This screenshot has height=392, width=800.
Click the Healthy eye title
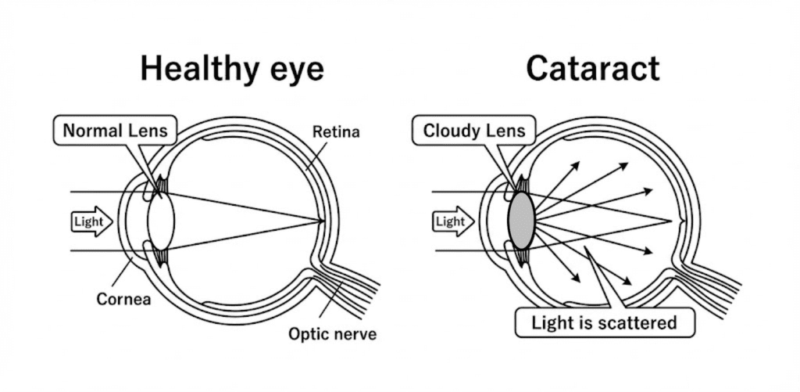(232, 69)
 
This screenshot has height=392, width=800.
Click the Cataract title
(592, 69)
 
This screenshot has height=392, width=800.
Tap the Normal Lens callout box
(115, 131)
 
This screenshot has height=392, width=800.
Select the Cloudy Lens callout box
(474, 131)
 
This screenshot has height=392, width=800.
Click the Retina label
(336, 131)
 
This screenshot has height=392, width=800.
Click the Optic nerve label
(333, 335)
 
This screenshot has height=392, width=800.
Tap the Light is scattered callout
(604, 322)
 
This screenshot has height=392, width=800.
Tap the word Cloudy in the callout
(451, 131)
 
